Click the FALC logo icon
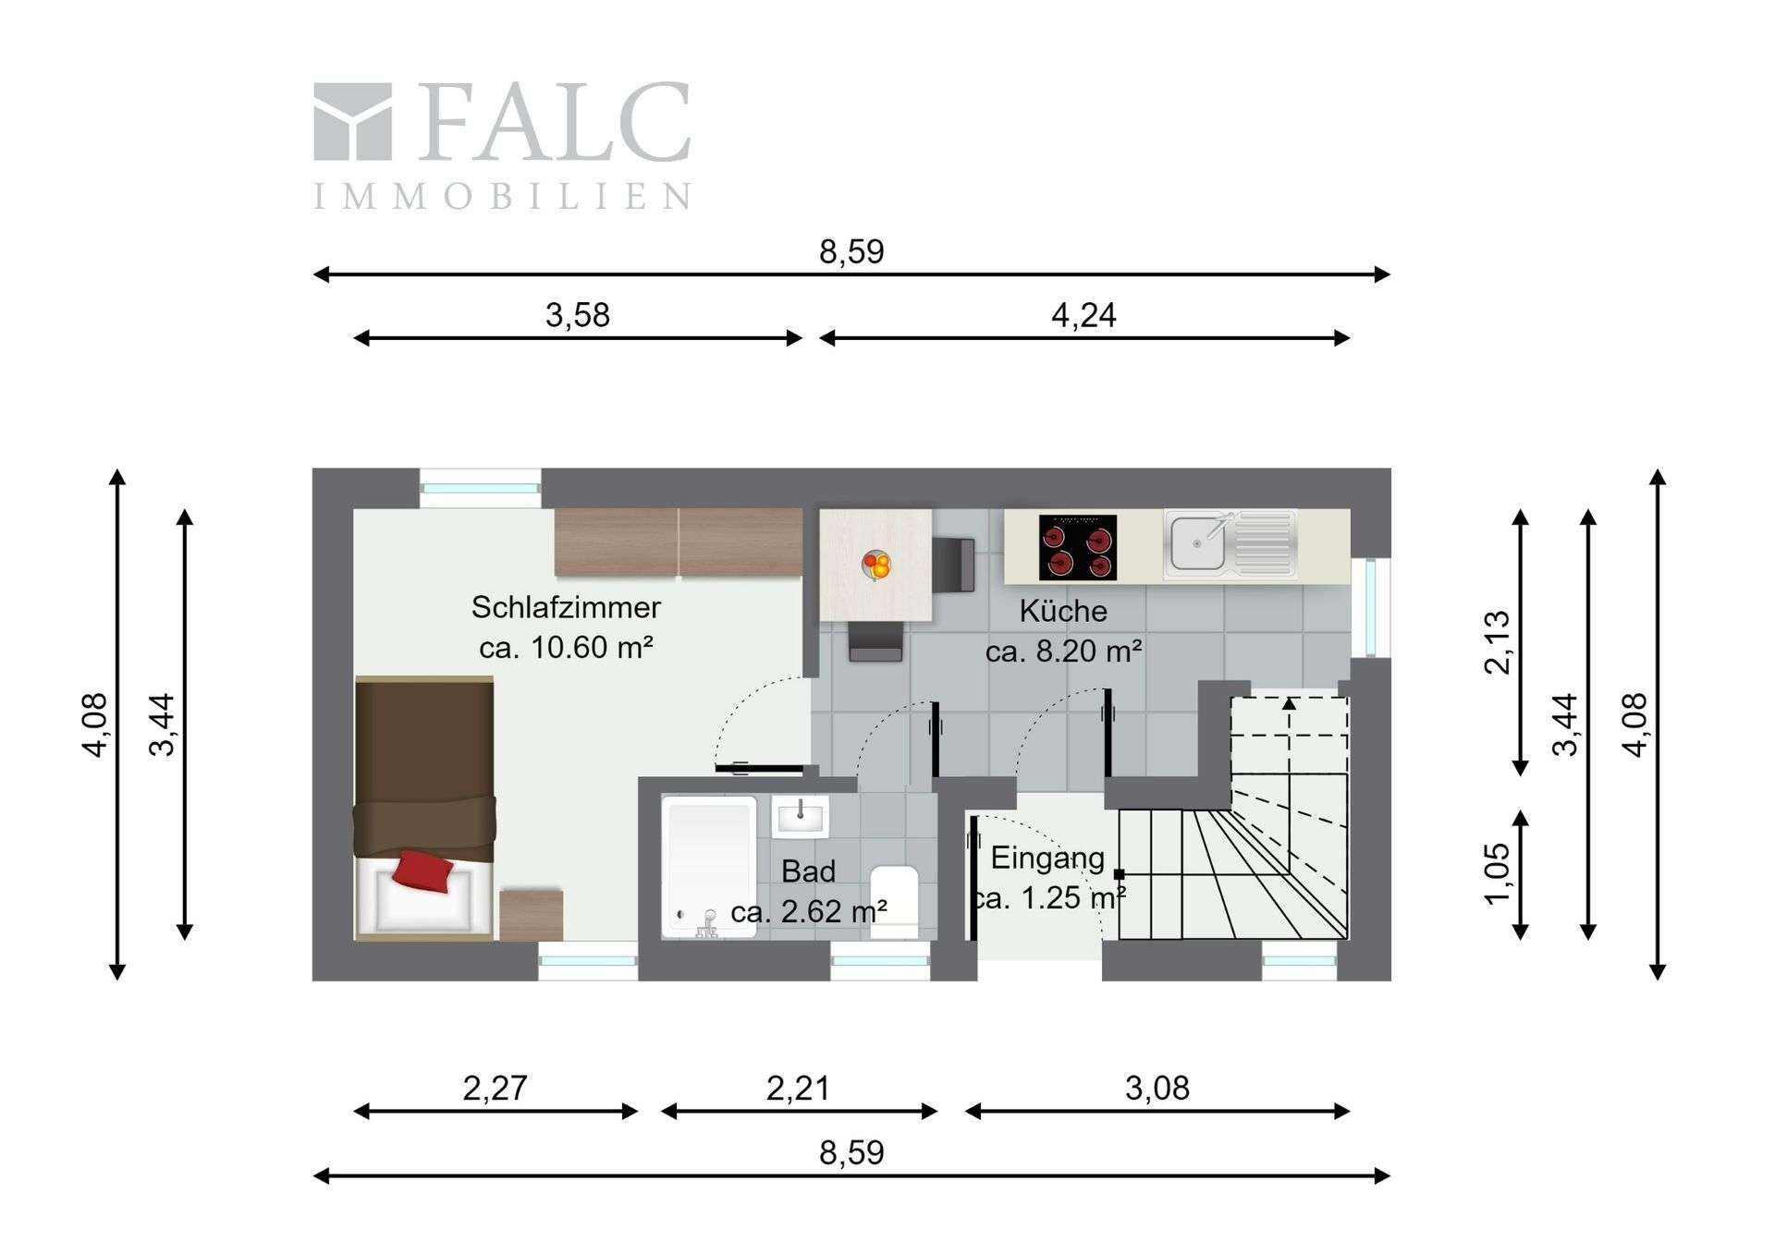click(352, 122)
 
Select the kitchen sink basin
click(1198, 544)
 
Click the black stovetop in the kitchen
click(1077, 547)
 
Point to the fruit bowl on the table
click(876, 564)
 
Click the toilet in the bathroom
click(894, 901)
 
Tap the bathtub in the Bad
click(710, 867)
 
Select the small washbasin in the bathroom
click(801, 817)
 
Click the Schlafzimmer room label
click(566, 607)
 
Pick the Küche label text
click(1063, 611)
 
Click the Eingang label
click(1047, 858)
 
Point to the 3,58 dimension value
click(578, 315)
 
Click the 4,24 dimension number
click(1083, 315)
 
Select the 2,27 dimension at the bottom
click(495, 1088)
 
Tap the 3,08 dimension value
click(1157, 1088)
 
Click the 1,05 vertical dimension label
click(1497, 873)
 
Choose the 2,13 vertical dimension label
click(1497, 642)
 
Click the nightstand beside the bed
click(531, 915)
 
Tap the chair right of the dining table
click(953, 564)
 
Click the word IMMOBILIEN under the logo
click(502, 196)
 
